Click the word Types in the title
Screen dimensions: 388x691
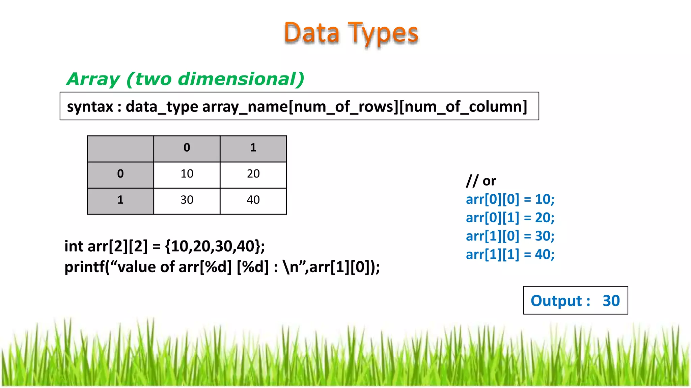click(x=383, y=34)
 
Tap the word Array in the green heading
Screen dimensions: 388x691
click(x=93, y=79)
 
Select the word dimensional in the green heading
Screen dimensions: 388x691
click(x=241, y=79)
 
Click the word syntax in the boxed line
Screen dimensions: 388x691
click(x=90, y=107)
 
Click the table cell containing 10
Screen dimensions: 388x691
click(x=187, y=174)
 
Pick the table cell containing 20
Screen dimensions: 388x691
click(x=253, y=174)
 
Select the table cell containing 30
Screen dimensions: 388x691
click(x=187, y=200)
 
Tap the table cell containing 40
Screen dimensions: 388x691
click(x=253, y=200)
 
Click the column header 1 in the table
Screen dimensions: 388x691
click(x=253, y=148)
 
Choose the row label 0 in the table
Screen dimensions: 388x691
click(x=120, y=174)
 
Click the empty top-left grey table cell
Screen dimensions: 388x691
click(x=120, y=149)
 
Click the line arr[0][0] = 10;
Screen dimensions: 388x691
click(x=510, y=199)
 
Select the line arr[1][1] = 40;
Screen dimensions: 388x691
click(x=510, y=255)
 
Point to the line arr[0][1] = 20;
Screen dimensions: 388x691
click(x=510, y=218)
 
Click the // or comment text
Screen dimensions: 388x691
click(x=481, y=181)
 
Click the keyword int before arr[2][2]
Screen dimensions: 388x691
click(x=74, y=246)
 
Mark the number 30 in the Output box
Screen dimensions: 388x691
click(x=611, y=301)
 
